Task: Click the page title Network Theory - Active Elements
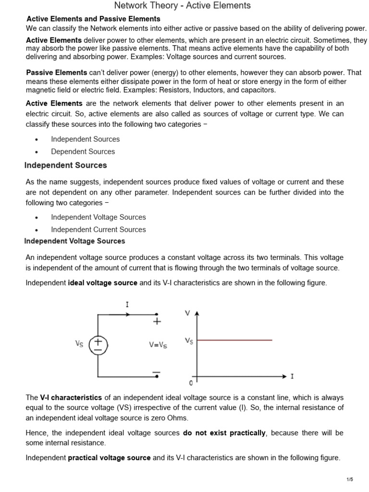[x=182, y=6]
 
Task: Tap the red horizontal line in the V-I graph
[x=234, y=340]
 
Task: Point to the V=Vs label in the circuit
[x=158, y=344]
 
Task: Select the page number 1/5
[x=349, y=480]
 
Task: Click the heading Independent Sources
[x=66, y=165]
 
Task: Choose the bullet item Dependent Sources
[x=83, y=151]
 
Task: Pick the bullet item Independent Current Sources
[x=98, y=230]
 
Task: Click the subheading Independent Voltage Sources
[x=74, y=241]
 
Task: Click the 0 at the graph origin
[x=191, y=383]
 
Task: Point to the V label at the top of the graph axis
[x=187, y=313]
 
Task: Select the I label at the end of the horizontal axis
[x=292, y=377]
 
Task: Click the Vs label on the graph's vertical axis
[x=189, y=341]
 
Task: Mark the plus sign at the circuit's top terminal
[x=157, y=321]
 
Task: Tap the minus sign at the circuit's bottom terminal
[x=156, y=372]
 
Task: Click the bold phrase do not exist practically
[x=224, y=433]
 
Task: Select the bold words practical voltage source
[x=109, y=458]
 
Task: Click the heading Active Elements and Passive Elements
[x=93, y=19]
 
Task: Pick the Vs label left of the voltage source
[x=80, y=344]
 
